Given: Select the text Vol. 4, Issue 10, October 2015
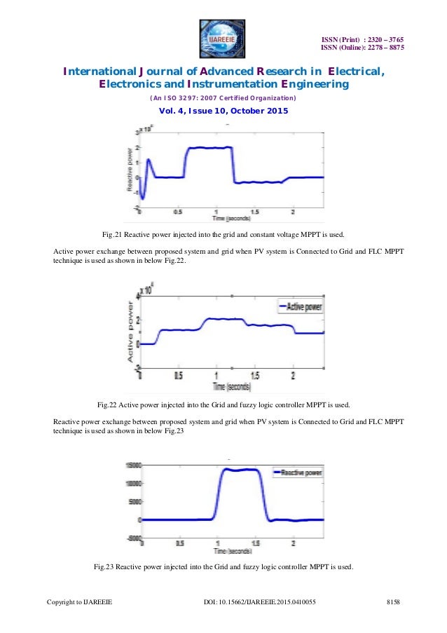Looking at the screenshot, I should (224, 112).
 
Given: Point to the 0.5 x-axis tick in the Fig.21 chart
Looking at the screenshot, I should (179, 211).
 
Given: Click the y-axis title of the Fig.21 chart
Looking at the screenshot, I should (130, 172).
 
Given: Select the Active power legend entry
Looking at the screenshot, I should (302, 306).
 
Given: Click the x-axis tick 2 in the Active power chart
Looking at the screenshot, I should (293, 376).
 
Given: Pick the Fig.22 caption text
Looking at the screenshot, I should (224, 404).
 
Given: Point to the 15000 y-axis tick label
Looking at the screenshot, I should (131, 465).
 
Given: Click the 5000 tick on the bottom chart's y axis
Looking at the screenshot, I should (132, 502).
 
